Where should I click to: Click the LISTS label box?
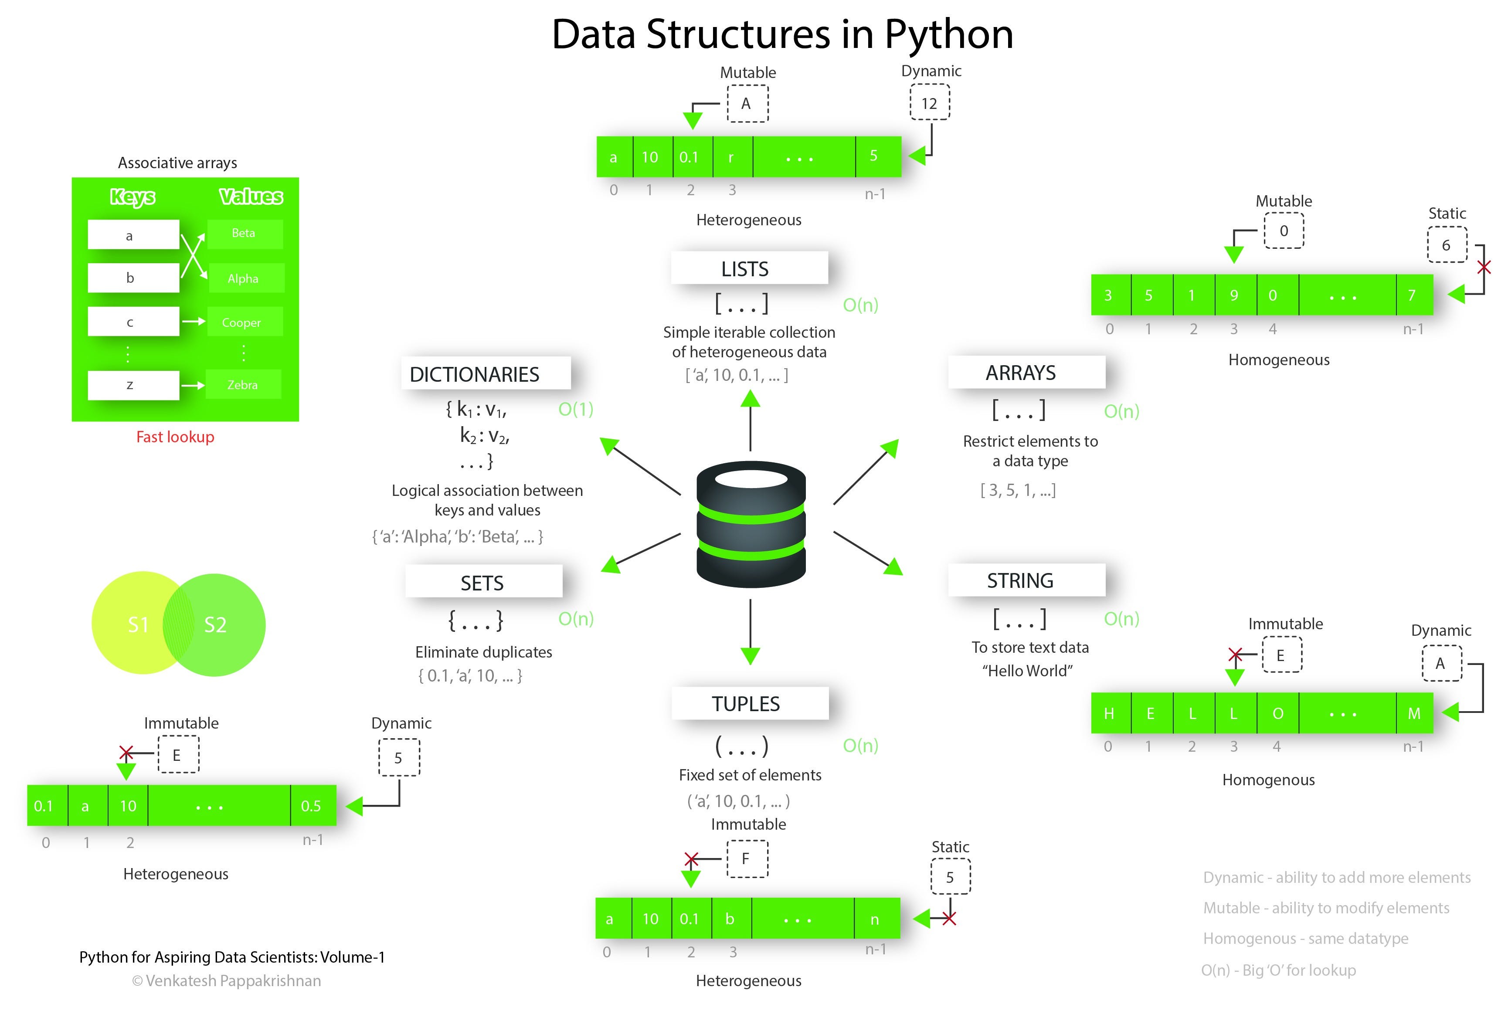click(x=750, y=268)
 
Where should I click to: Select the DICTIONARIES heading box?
click(x=486, y=373)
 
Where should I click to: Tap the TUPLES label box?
click(x=750, y=703)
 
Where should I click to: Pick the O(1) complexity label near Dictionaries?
click(x=576, y=409)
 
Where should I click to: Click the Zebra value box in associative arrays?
click(x=243, y=385)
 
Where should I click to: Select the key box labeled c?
click(x=133, y=322)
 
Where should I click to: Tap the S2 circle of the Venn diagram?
click(x=224, y=624)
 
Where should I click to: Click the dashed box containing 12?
click(x=929, y=103)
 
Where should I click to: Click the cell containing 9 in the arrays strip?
click(x=1234, y=295)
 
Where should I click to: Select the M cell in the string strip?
click(x=1414, y=713)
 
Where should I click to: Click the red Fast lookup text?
click(x=175, y=437)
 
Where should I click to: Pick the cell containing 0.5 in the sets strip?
click(x=312, y=806)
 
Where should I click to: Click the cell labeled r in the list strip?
click(x=732, y=157)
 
